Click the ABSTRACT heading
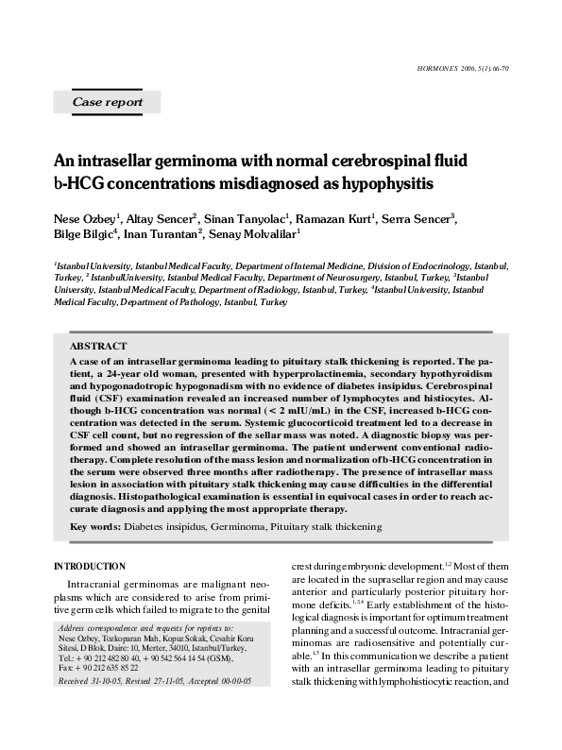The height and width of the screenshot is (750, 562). click(98, 347)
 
